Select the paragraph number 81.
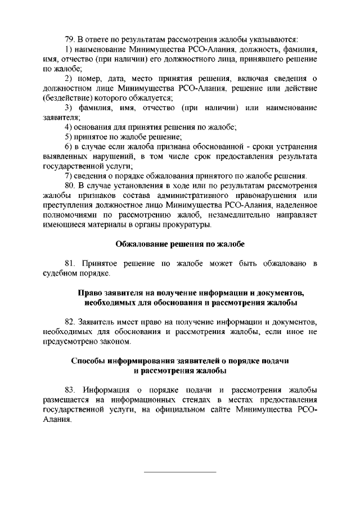[70, 264]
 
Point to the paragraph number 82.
[70, 322]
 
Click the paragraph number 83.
[70, 390]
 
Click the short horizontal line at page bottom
[180, 471]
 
